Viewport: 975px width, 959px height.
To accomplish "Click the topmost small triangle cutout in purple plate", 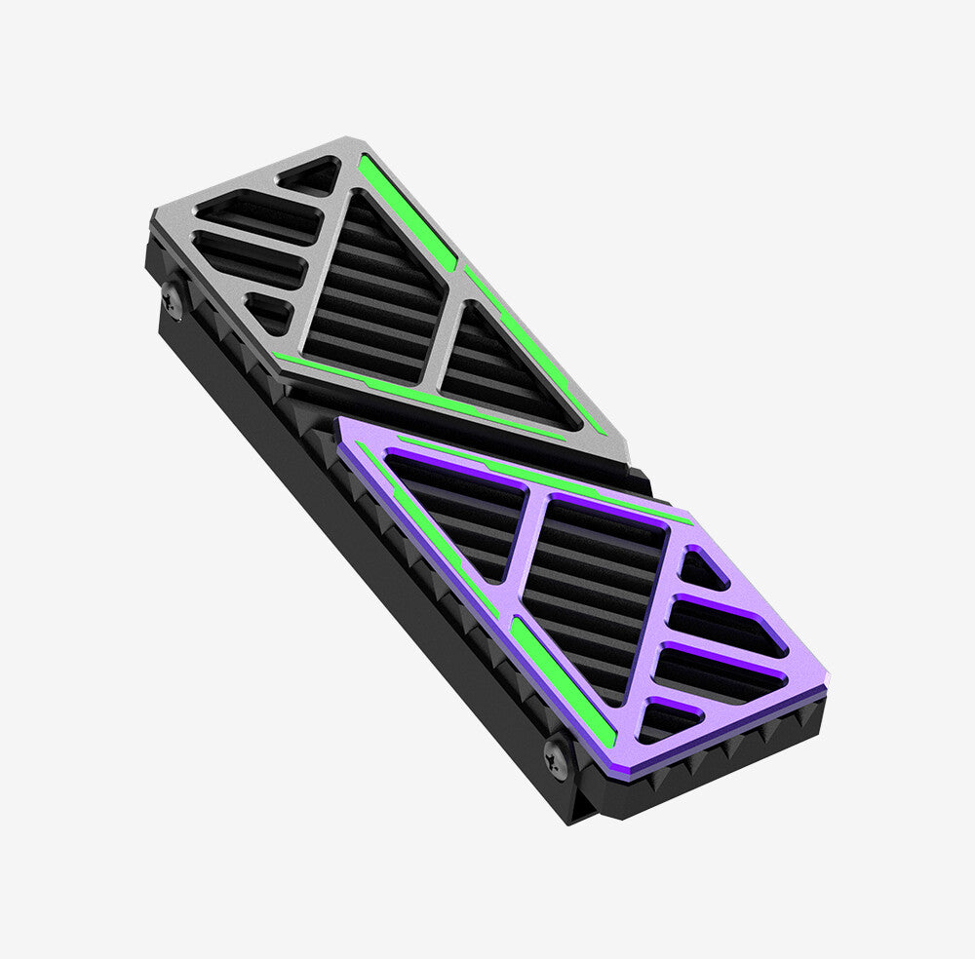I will (702, 571).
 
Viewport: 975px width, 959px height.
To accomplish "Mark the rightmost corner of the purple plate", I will (826, 682).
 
